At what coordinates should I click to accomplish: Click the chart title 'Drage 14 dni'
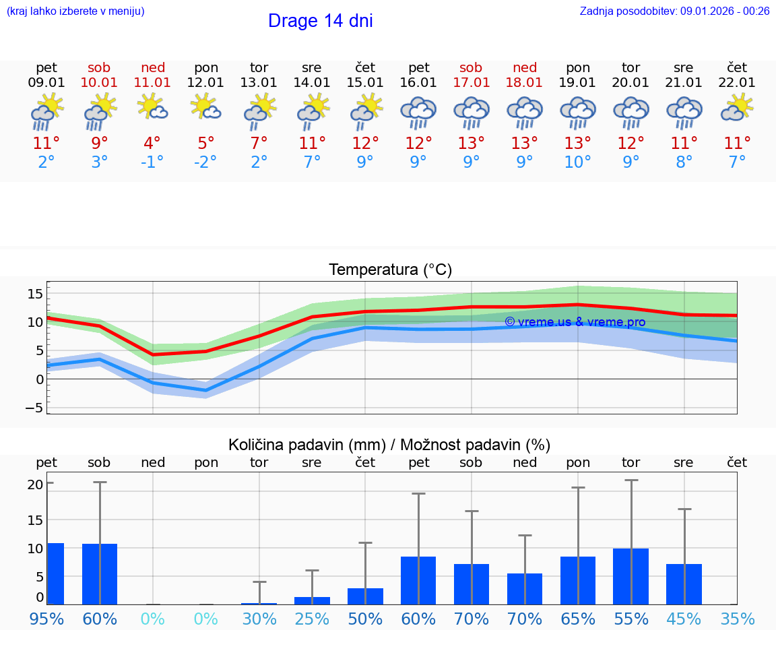(320, 21)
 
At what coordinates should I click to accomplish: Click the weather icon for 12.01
(206, 108)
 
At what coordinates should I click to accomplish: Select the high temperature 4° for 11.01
(152, 144)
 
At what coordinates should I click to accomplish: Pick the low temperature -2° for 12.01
(206, 162)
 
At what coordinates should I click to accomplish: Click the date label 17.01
(471, 83)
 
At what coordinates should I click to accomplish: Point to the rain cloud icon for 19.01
(578, 112)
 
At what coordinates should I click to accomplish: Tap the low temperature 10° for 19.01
(578, 162)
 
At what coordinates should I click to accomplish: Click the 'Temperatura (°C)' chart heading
(390, 270)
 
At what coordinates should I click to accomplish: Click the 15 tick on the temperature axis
(35, 293)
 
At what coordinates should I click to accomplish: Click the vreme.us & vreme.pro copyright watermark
(575, 322)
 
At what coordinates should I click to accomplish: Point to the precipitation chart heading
(389, 445)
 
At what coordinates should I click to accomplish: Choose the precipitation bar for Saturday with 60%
(100, 574)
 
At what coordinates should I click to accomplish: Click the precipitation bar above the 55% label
(631, 576)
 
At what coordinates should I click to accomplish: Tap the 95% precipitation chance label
(46, 619)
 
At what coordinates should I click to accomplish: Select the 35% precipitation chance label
(738, 619)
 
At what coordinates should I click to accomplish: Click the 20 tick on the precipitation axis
(35, 484)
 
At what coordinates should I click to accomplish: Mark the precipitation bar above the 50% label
(365, 596)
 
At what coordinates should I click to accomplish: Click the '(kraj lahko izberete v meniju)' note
(75, 11)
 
